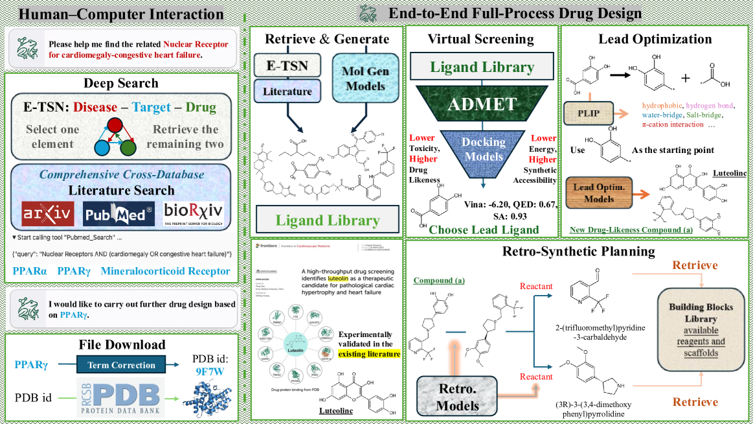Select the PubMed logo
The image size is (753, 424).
tap(118, 213)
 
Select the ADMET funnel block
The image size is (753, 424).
tap(482, 104)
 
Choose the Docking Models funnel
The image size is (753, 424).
tap(482, 150)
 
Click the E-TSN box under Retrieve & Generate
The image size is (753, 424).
tap(287, 65)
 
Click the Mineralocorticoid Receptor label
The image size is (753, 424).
tap(165, 272)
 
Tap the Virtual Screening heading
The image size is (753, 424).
tap(482, 39)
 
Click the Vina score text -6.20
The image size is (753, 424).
tap(493, 205)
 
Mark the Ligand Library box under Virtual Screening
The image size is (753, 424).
tap(482, 67)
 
